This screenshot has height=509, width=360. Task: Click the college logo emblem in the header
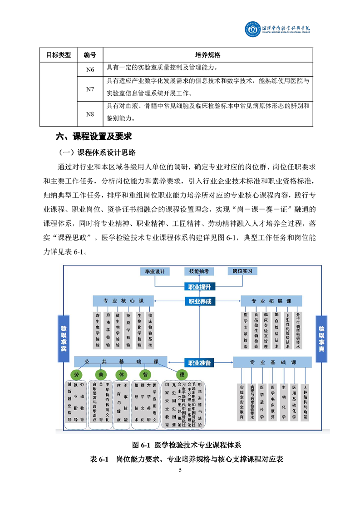(x=248, y=30)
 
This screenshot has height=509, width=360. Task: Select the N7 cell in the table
(x=90, y=89)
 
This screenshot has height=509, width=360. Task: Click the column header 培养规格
(x=207, y=55)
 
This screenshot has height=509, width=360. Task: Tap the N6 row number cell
(x=90, y=69)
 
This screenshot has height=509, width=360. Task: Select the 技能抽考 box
(x=199, y=271)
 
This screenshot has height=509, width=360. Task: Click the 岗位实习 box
(x=242, y=271)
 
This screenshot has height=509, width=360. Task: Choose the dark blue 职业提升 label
(x=200, y=286)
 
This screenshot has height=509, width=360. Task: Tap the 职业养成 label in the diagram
(x=200, y=301)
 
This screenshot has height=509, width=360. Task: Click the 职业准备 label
(x=200, y=362)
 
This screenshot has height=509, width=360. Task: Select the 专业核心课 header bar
(x=123, y=301)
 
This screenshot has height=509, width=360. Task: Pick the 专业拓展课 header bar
(x=272, y=301)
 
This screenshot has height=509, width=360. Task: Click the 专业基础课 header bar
(x=272, y=362)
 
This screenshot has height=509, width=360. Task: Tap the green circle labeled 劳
(x=77, y=375)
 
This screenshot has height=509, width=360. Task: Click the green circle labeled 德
(x=182, y=375)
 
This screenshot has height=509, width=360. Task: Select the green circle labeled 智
(x=145, y=375)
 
